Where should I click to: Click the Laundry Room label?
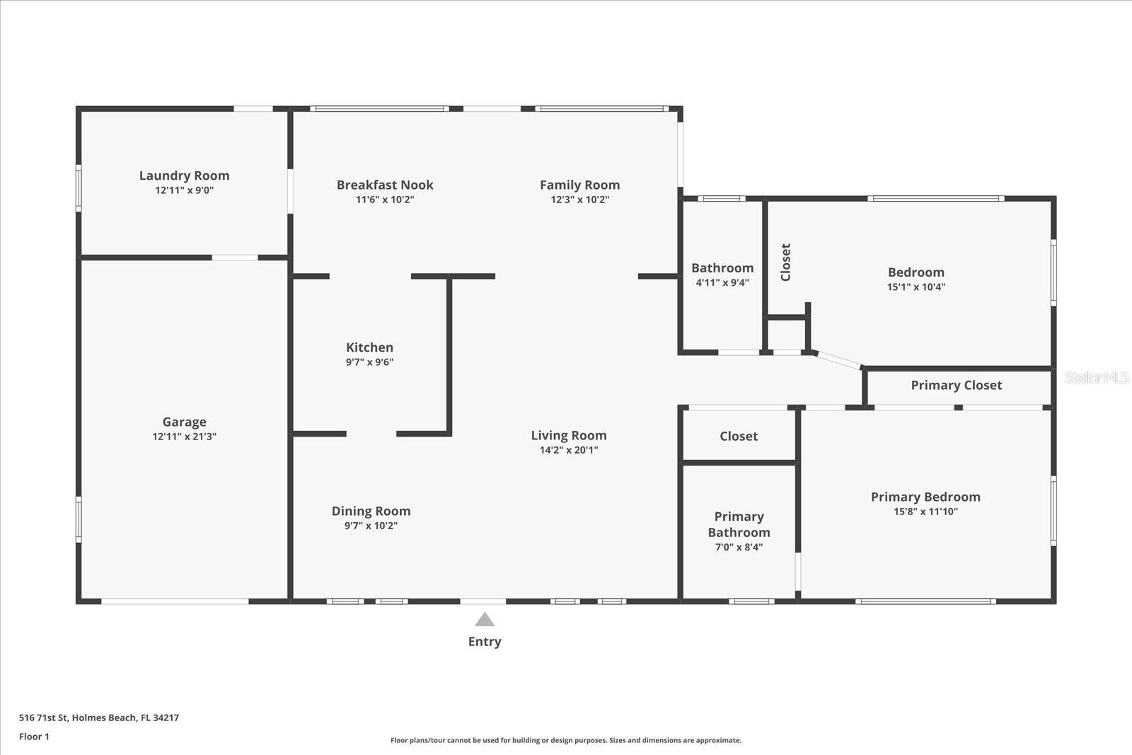[x=185, y=175]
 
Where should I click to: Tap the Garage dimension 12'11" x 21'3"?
[x=185, y=436]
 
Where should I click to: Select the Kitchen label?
[x=369, y=347]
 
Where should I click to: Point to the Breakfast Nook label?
[x=385, y=185]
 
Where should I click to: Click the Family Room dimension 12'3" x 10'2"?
[x=580, y=200]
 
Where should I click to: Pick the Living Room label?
[x=569, y=436]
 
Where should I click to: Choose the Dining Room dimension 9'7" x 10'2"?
[x=371, y=526]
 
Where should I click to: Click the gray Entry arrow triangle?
[x=485, y=620]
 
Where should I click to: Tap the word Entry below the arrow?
[x=485, y=642]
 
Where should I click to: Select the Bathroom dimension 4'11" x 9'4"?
[x=722, y=282]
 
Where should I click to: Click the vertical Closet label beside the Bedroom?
[x=785, y=263]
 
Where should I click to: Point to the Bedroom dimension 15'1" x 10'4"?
[x=916, y=287]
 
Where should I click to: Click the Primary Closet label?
[x=957, y=385]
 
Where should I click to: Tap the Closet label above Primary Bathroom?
[x=739, y=436]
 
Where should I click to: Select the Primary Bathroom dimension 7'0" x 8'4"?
[x=739, y=547]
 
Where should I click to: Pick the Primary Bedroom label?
[x=926, y=497]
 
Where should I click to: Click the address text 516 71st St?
[x=43, y=717]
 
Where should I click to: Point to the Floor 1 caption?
[x=35, y=737]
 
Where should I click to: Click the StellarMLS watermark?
[x=1097, y=378]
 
